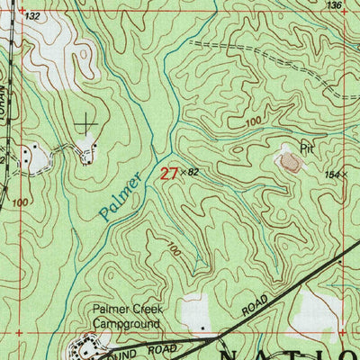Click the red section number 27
[168, 173]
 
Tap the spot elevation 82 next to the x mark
[191, 171]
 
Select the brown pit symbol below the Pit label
[290, 162]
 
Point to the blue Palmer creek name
[121, 195]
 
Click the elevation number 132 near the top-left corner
[33, 17]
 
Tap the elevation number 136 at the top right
[335, 5]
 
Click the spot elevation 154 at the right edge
[335, 174]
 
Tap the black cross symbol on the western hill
[86, 124]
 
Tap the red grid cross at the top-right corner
[347, 10]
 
